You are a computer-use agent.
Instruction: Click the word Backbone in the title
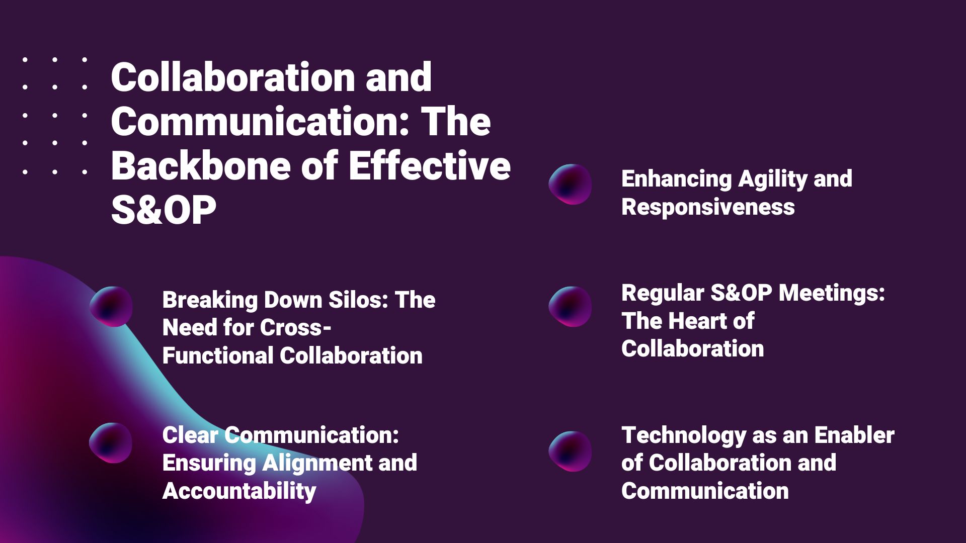[x=201, y=166]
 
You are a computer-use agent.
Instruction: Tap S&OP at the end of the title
[x=164, y=210]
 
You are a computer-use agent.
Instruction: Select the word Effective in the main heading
[x=430, y=165]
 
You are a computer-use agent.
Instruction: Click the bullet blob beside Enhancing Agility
[x=570, y=184]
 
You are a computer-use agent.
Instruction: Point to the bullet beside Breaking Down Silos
[x=111, y=306]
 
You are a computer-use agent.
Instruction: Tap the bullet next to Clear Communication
[x=111, y=442]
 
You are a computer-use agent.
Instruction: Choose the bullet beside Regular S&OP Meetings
[x=570, y=306]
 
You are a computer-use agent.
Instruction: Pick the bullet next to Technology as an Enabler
[x=570, y=451]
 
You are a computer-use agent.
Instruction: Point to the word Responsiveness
[x=708, y=207]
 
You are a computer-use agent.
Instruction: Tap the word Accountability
[x=239, y=491]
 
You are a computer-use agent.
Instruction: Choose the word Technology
[x=684, y=436]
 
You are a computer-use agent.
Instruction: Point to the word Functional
[x=218, y=355]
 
